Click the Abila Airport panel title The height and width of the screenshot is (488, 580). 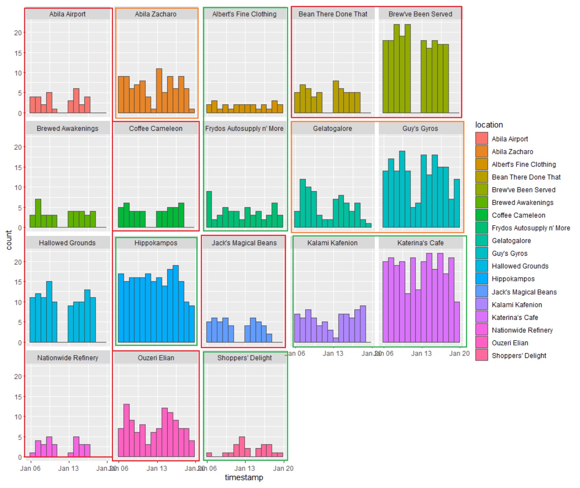(x=67, y=14)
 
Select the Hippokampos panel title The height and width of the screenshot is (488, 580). (x=156, y=243)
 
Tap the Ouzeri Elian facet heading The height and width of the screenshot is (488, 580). (x=156, y=358)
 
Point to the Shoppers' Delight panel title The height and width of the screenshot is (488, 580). (x=244, y=358)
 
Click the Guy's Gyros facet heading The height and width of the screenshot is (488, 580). (x=420, y=128)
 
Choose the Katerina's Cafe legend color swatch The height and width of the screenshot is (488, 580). (x=481, y=317)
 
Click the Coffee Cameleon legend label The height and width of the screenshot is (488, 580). (x=518, y=215)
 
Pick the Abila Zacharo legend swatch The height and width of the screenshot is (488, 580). (x=481, y=151)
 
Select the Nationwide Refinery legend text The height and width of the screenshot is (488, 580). (x=522, y=330)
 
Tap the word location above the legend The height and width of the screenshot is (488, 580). (x=489, y=125)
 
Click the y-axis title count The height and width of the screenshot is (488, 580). (x=9, y=240)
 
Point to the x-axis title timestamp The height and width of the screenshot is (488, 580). (x=244, y=477)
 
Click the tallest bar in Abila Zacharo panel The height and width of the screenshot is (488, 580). (x=159, y=91)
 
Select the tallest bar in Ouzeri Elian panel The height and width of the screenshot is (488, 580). (x=127, y=430)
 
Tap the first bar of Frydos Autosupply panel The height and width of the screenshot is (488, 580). (x=209, y=209)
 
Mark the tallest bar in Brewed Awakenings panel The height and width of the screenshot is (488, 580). (x=38, y=213)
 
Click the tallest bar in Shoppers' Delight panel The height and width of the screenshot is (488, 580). (x=242, y=447)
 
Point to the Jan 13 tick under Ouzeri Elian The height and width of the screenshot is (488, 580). (x=157, y=468)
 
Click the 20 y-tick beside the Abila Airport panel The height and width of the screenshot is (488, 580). (x=18, y=33)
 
